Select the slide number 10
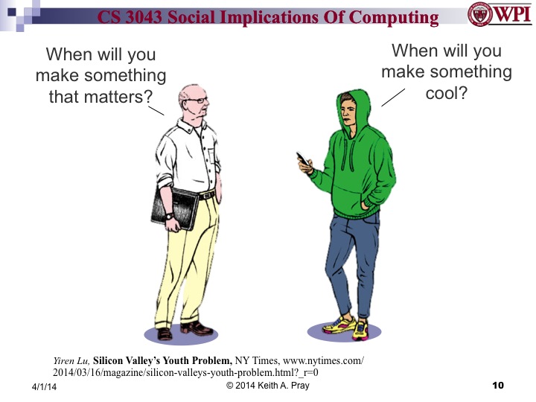(498, 385)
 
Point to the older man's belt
(207, 196)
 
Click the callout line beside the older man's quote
(156, 109)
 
